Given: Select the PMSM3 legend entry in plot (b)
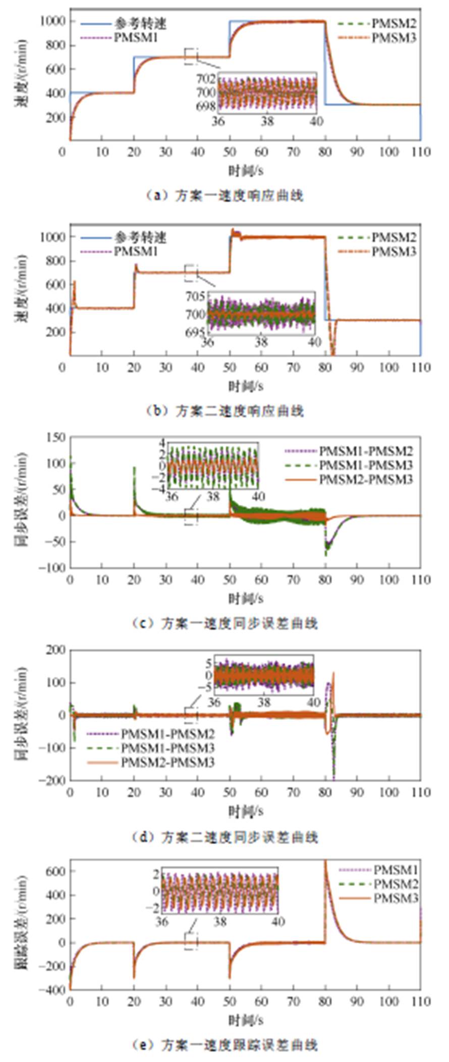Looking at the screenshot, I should tap(394, 252).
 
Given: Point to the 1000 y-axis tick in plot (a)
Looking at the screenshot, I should tap(52, 21).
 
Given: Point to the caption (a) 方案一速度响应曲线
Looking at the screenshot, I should tap(224, 196).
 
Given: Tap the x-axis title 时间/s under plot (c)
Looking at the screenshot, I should tap(246, 599).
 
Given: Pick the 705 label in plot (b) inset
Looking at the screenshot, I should tap(196, 297).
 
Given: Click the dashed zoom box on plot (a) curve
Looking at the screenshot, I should tap(192, 56).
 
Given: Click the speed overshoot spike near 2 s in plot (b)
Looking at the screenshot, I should tap(75, 282).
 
